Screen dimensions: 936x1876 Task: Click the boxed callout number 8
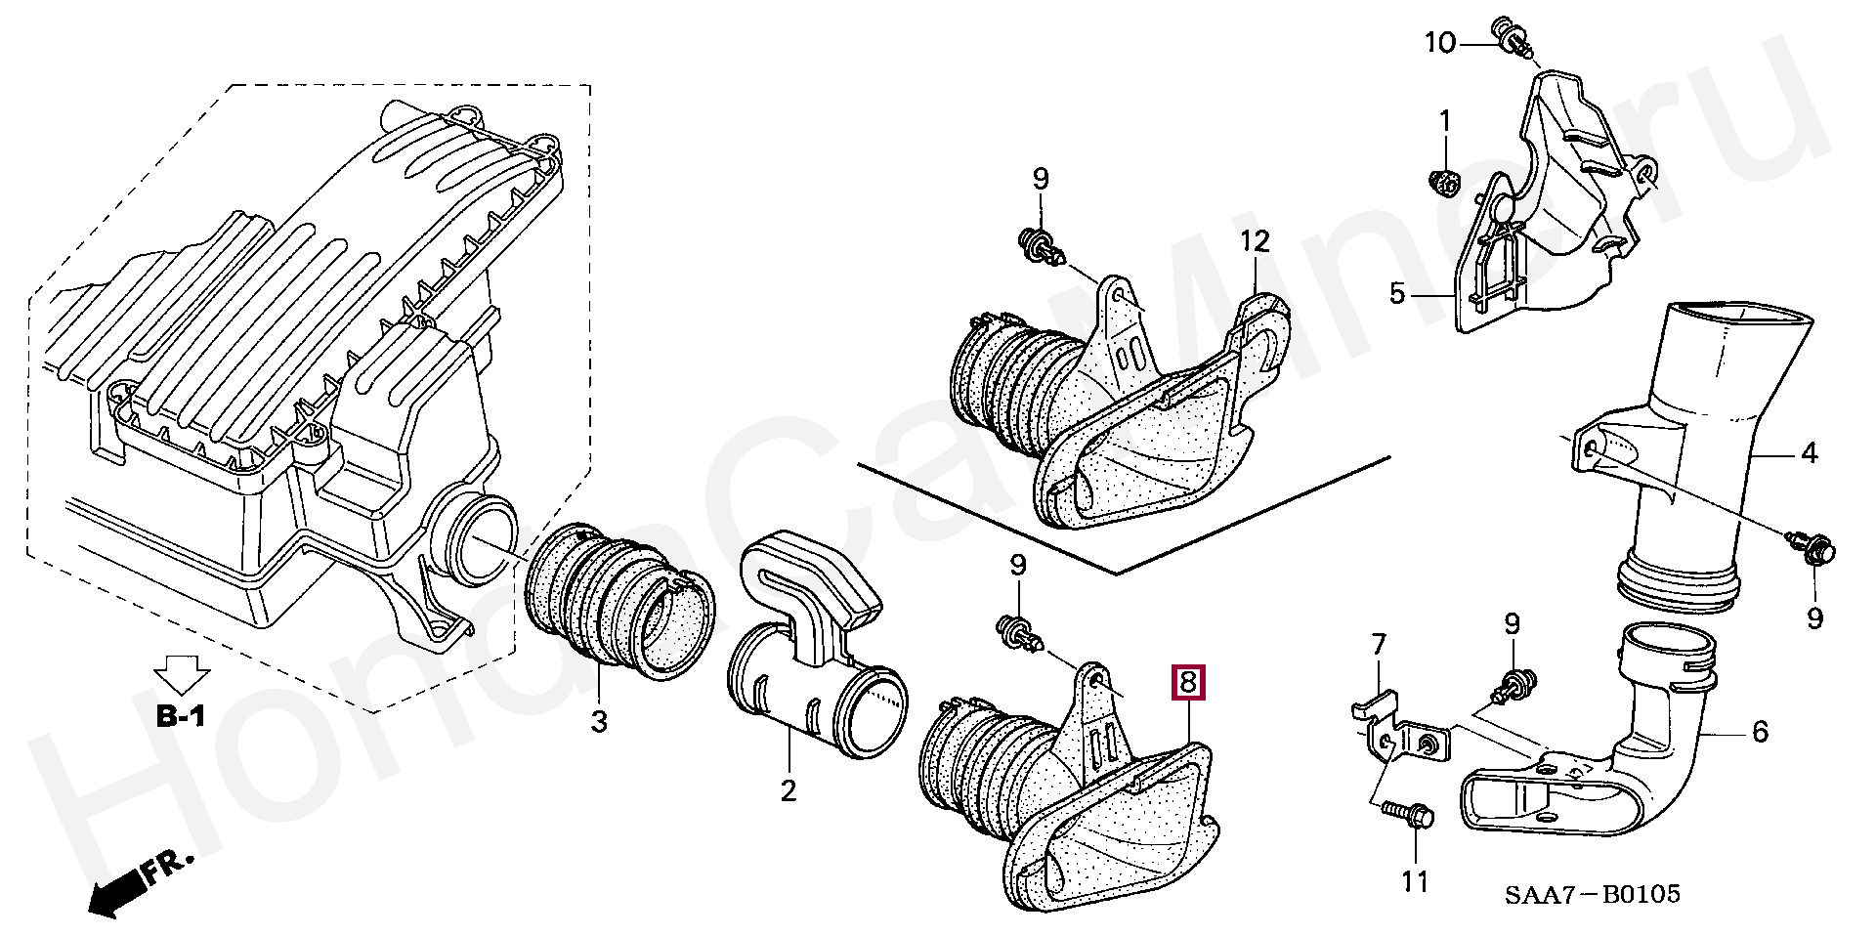[x=1187, y=683]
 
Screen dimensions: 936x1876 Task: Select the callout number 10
[x=1439, y=42]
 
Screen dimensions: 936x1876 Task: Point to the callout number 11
[x=1415, y=882]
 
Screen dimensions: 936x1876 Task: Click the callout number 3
[x=598, y=722]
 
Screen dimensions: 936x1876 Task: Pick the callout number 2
[x=788, y=789]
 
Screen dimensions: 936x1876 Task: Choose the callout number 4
[x=1810, y=453]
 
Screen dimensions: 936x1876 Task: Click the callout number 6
[x=1760, y=731]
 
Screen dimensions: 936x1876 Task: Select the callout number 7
[x=1379, y=645]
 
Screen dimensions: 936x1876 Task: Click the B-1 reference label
[x=182, y=716]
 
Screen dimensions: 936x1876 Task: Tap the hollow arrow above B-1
[x=183, y=674]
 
